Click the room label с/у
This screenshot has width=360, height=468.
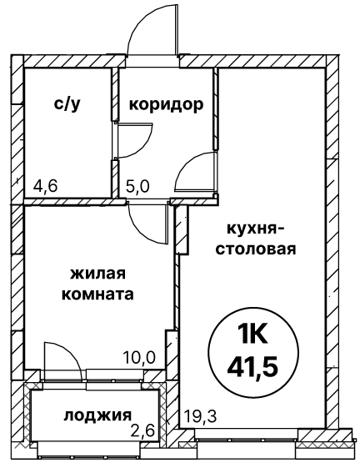[x=67, y=104]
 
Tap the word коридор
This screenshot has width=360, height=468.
[x=166, y=104]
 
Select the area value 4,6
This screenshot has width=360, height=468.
[x=46, y=187]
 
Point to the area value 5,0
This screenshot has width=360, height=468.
[x=137, y=187]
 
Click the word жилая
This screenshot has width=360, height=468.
[x=98, y=274]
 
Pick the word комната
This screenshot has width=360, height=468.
[x=97, y=294]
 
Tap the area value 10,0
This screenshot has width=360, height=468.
[x=140, y=357]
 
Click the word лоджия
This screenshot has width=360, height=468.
[x=97, y=415]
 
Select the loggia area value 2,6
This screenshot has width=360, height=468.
[x=144, y=430]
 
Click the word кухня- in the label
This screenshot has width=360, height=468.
[x=254, y=229]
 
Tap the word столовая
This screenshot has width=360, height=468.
[x=256, y=249]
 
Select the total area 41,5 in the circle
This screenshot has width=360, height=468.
[x=252, y=365]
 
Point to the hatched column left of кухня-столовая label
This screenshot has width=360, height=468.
[x=182, y=229]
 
